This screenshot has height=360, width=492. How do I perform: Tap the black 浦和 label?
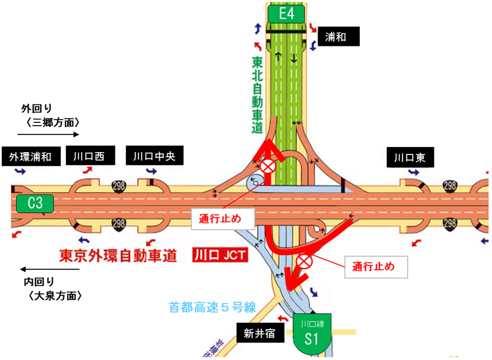tap(338, 37)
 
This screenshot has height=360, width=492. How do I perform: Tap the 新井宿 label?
tap(260, 332)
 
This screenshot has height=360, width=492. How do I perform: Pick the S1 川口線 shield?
tap(311, 336)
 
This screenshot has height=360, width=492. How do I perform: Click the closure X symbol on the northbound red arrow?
tap(268, 167)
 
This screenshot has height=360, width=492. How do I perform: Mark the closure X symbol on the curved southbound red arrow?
tap(304, 262)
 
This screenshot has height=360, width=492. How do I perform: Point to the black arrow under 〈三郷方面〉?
tap(48, 135)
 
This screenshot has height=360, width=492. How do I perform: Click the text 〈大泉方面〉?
tap(53, 296)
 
